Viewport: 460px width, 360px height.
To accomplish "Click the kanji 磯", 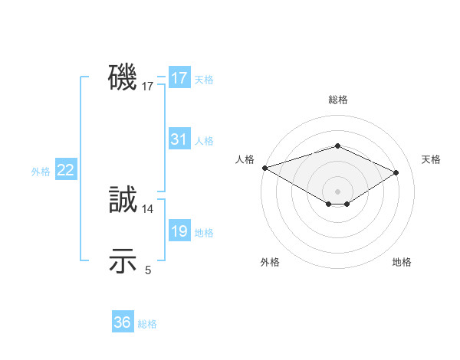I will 123,78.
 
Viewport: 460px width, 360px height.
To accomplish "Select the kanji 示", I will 123,261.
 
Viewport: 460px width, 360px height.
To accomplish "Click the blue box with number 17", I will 179,78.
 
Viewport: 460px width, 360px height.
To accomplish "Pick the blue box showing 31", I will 179,139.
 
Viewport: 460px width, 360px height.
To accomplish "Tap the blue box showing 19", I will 179,232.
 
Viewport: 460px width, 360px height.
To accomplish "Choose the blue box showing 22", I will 65,171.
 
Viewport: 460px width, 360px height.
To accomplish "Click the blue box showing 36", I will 123,322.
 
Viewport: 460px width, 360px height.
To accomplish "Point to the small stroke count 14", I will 148,208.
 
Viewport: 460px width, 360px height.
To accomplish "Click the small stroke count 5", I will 148,270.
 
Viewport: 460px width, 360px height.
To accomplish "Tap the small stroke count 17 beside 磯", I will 148,87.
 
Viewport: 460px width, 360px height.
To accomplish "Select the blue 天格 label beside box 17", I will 204,79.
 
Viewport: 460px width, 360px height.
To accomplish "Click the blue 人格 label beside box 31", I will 204,141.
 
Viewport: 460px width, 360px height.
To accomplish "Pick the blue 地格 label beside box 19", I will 204,233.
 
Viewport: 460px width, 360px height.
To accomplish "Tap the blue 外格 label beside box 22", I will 41,172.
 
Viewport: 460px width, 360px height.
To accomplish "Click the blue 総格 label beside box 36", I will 147,324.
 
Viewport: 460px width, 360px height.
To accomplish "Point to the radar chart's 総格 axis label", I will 337,100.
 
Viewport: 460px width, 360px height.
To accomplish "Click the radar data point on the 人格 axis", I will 264,167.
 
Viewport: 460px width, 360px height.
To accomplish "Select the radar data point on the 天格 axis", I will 396,172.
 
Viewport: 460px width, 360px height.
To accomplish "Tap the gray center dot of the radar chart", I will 337,191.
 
